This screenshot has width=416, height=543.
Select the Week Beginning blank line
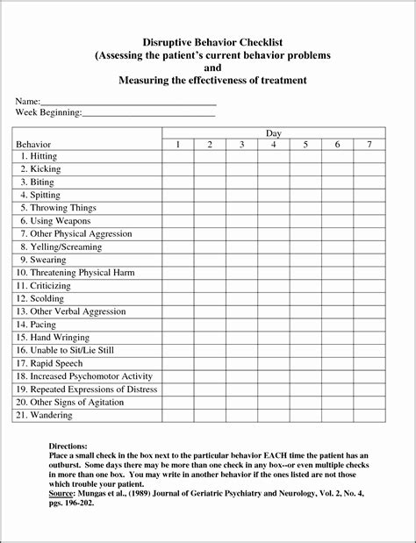tap(148, 113)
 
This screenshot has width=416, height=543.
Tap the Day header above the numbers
tap(273, 132)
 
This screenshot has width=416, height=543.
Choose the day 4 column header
tap(274, 144)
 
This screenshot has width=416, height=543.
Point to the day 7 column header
tap(369, 144)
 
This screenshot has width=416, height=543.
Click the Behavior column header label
tap(34, 144)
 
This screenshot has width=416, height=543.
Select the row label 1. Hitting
tap(39, 156)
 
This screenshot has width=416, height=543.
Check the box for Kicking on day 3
tap(241, 168)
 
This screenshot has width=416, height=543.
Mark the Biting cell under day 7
tap(369, 182)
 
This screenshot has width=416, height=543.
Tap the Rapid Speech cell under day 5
tap(305, 363)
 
